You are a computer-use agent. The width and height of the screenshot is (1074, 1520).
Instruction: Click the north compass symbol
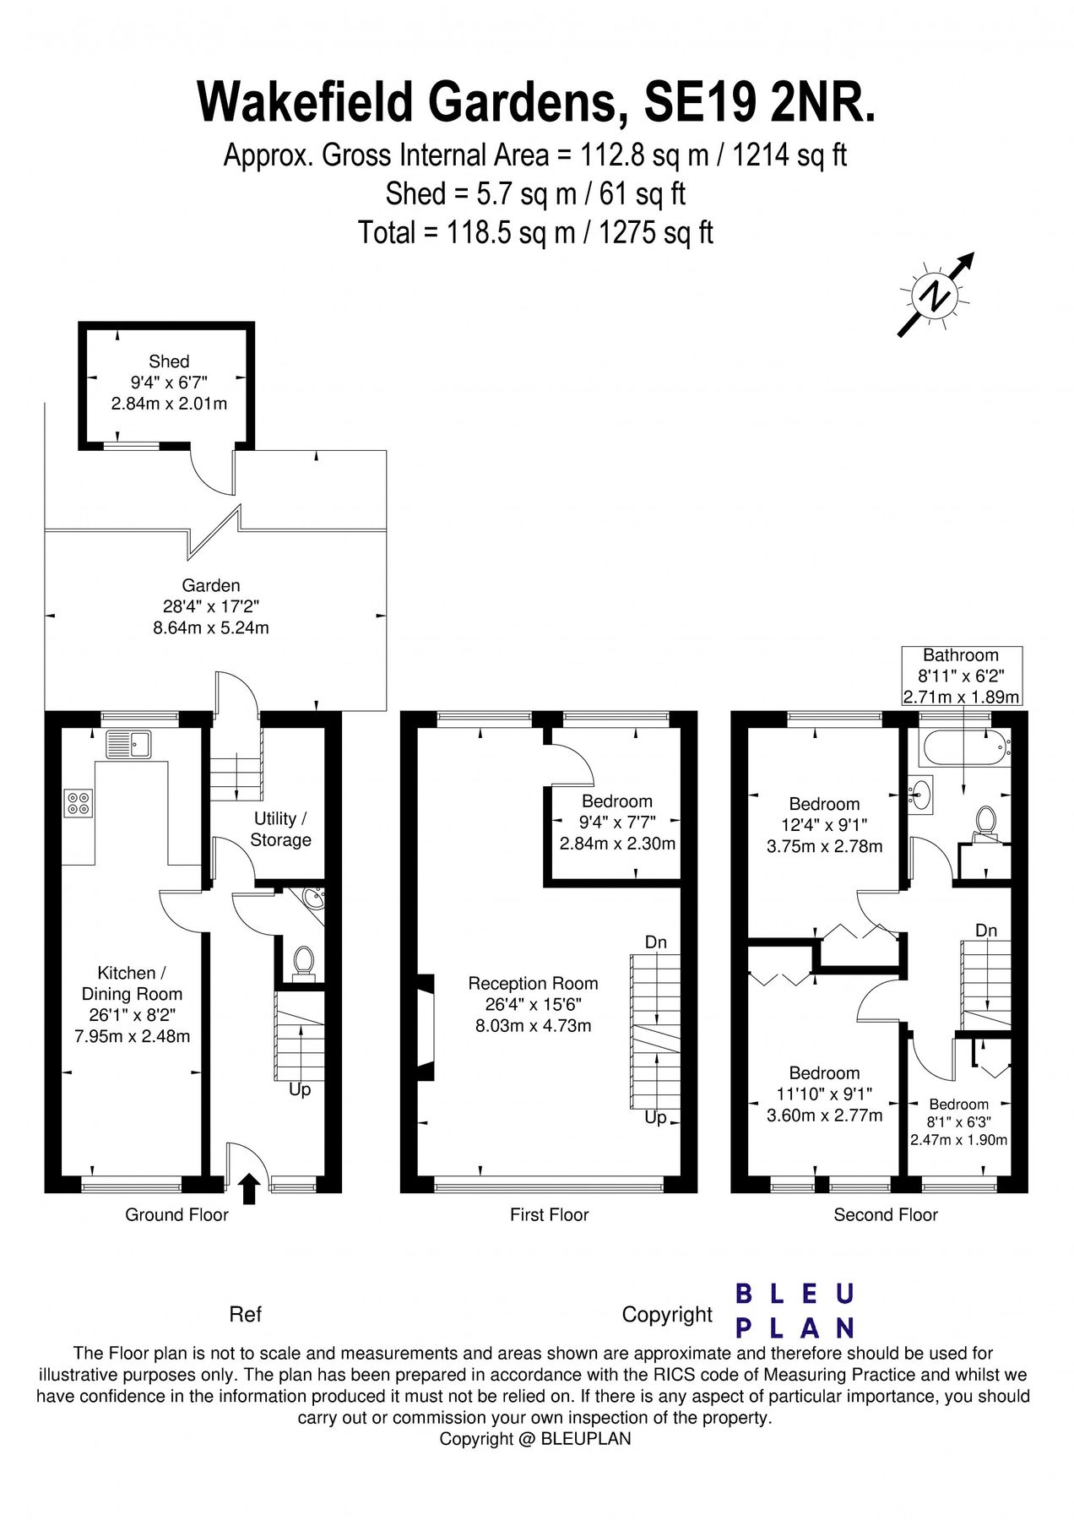[x=936, y=296]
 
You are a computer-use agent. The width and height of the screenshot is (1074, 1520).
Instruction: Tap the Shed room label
[x=169, y=361]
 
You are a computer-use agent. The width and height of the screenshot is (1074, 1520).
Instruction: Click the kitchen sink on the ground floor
[x=127, y=744]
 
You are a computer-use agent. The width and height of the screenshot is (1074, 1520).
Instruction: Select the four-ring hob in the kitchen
[x=79, y=802]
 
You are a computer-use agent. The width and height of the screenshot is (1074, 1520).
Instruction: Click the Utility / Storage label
[x=280, y=829]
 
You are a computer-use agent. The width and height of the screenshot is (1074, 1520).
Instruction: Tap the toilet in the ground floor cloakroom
[x=303, y=963]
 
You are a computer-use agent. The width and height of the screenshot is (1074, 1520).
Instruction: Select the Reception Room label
[x=533, y=983]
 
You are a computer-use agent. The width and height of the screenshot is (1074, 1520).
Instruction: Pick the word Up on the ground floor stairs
[x=300, y=1089]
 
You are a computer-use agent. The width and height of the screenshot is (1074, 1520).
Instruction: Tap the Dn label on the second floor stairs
[x=986, y=930]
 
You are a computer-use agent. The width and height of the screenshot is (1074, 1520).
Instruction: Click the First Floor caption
[x=549, y=1214]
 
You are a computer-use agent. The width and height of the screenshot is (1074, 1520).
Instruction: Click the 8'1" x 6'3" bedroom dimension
[x=958, y=1122]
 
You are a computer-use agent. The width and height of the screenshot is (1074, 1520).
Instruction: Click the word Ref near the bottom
[x=246, y=1314]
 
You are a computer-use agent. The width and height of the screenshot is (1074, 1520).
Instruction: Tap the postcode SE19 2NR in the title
[x=759, y=102]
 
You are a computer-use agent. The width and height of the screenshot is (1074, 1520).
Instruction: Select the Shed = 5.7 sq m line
[x=535, y=194]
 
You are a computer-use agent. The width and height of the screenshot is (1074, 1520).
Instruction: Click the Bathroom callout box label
[x=960, y=655]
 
